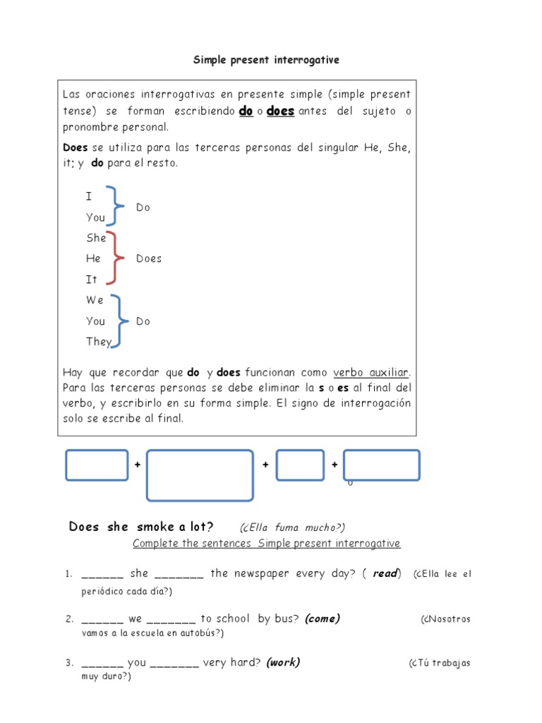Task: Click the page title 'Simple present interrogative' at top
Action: (266, 60)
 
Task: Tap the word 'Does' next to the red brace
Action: (149, 258)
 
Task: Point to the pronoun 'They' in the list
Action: (99, 342)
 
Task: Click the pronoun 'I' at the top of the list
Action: (89, 196)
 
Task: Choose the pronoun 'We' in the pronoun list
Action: (95, 300)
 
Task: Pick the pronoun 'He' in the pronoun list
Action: (93, 258)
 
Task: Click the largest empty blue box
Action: (200, 475)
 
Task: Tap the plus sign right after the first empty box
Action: (137, 465)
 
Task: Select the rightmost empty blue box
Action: (381, 465)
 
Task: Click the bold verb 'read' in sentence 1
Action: (385, 573)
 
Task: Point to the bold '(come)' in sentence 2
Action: (323, 619)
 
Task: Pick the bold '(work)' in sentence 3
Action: (283, 662)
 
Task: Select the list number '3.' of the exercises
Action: (70, 663)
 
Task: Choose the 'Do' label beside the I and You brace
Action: (143, 208)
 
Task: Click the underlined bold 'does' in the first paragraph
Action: (280, 112)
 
